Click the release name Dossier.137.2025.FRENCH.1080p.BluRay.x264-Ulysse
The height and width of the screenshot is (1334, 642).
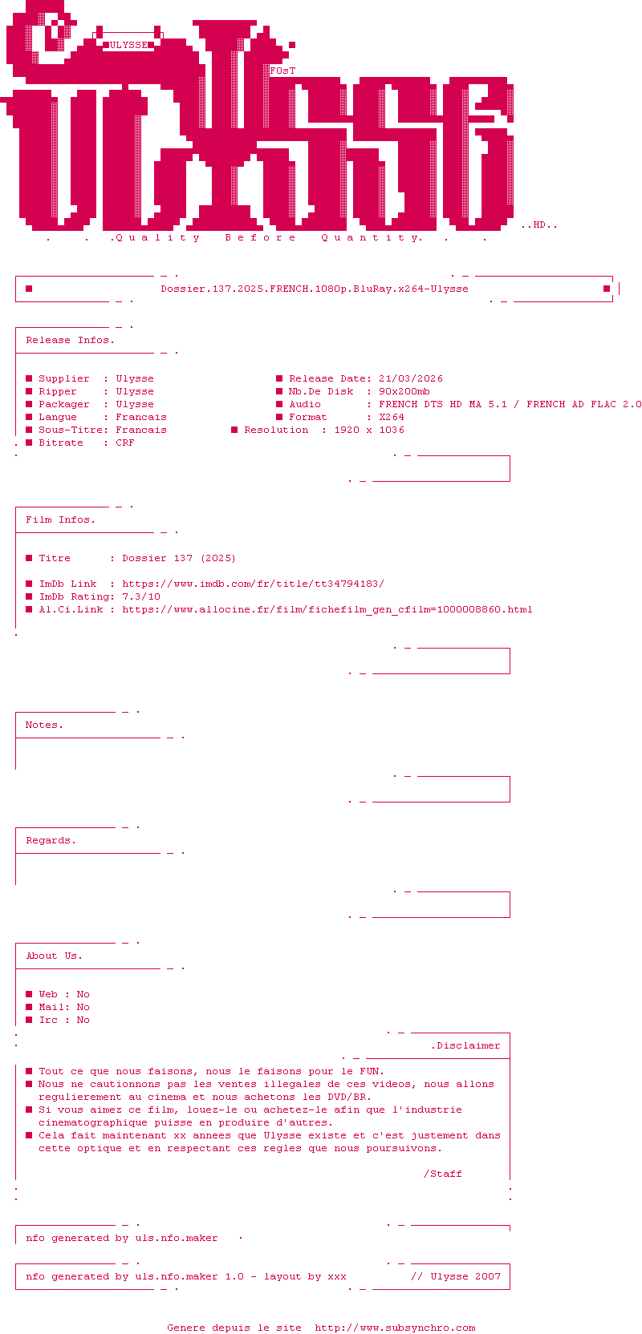coord(315,289)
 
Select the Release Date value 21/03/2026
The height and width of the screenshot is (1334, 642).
coord(411,378)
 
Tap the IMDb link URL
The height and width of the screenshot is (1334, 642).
coord(254,584)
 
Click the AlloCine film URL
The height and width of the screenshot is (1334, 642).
coord(327,610)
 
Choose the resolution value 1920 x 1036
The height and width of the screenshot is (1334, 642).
coord(369,430)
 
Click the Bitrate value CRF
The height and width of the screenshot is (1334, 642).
coord(125,443)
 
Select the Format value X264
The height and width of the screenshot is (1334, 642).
coord(392,418)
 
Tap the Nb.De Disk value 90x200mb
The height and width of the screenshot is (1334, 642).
coord(404,392)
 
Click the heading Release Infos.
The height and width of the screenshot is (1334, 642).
coord(71,340)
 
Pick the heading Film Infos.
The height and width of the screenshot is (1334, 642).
coord(60,520)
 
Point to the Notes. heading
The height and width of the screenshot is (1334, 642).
coord(44,726)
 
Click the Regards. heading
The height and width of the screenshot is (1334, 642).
coord(51,841)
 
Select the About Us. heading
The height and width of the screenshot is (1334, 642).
coord(55,956)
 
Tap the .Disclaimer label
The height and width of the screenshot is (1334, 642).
coord(465,1045)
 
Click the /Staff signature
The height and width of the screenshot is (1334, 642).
coord(443,1174)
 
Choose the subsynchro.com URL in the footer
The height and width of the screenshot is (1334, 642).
coord(395,1328)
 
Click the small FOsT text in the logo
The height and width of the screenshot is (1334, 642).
coord(282,71)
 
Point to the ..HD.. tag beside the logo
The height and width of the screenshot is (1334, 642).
coord(538,224)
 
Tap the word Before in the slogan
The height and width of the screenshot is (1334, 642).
coord(260,237)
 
